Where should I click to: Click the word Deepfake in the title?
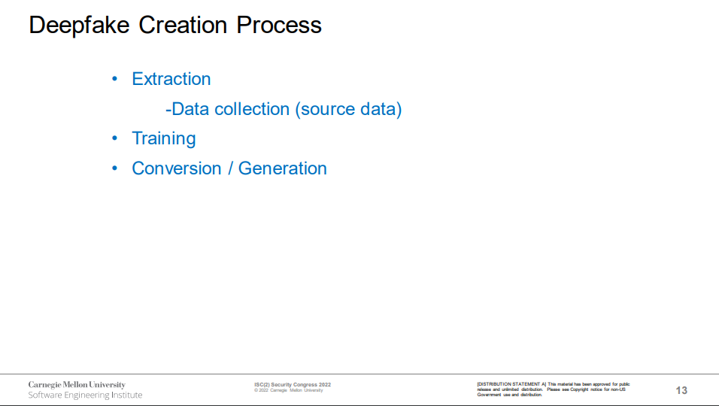(x=79, y=26)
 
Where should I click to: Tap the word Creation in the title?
(x=183, y=25)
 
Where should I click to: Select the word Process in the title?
(x=279, y=25)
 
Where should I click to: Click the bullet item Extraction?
(x=171, y=79)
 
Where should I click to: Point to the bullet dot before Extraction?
(x=114, y=79)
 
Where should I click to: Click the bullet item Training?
(x=164, y=139)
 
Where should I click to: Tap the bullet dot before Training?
(x=114, y=138)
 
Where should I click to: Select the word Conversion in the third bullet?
(x=177, y=168)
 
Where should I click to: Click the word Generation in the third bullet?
(x=283, y=168)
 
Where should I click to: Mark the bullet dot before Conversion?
(x=114, y=168)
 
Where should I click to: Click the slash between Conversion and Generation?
(x=230, y=168)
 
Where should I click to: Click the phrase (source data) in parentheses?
(x=348, y=110)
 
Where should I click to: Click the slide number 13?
(x=681, y=390)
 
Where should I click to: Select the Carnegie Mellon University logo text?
(x=77, y=385)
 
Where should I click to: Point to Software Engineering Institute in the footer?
(x=85, y=395)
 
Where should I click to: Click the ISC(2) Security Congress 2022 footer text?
(x=293, y=385)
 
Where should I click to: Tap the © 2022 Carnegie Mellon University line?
(x=289, y=390)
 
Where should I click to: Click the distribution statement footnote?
(x=554, y=389)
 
